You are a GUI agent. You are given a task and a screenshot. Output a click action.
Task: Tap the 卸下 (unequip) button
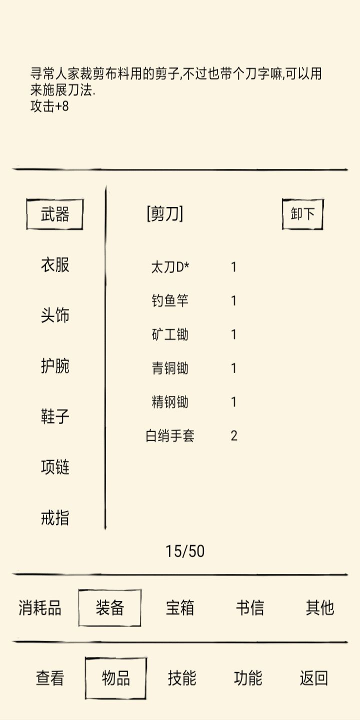(302, 214)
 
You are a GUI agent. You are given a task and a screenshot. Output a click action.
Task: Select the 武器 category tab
(54, 214)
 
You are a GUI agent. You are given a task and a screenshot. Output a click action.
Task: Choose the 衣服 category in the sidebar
(55, 265)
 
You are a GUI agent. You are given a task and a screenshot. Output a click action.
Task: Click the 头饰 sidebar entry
(55, 315)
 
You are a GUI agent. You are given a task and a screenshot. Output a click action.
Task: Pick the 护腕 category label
(55, 366)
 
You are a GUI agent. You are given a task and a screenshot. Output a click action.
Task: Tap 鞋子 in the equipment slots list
(55, 416)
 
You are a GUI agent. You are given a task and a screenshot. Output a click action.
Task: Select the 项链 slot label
(55, 467)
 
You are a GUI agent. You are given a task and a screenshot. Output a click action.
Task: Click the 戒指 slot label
(55, 517)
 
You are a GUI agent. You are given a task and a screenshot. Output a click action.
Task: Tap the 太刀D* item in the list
(170, 267)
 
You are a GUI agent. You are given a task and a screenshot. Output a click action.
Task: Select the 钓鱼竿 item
(170, 301)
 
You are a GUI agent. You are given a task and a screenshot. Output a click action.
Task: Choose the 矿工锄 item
(170, 334)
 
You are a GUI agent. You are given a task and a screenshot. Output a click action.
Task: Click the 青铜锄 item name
(170, 368)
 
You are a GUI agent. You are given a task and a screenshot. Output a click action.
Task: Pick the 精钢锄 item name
(170, 402)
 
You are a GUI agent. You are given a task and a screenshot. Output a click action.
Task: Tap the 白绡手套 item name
(170, 436)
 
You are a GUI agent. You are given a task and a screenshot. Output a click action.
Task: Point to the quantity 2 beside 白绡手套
(234, 436)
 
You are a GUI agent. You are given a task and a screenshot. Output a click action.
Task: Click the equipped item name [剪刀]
(165, 214)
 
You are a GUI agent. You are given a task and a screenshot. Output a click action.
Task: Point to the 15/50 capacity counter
(185, 551)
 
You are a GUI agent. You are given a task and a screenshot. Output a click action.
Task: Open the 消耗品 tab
(40, 607)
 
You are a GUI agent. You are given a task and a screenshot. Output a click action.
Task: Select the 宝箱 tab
(179, 607)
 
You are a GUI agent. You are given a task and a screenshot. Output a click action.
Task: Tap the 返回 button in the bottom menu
(313, 678)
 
